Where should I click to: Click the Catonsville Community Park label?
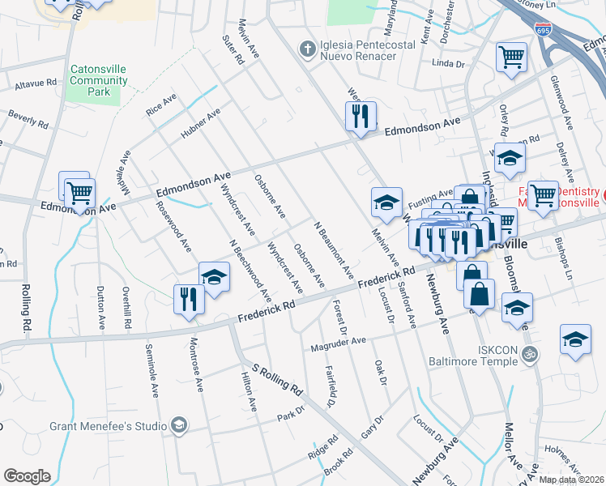pyautogui.click(x=101, y=81)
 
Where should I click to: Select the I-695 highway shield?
pyautogui.click(x=544, y=30)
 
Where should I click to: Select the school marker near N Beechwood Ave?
pyautogui.click(x=214, y=276)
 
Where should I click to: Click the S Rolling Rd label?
pyautogui.click(x=275, y=381)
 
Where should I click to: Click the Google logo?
pyautogui.click(x=27, y=475)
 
